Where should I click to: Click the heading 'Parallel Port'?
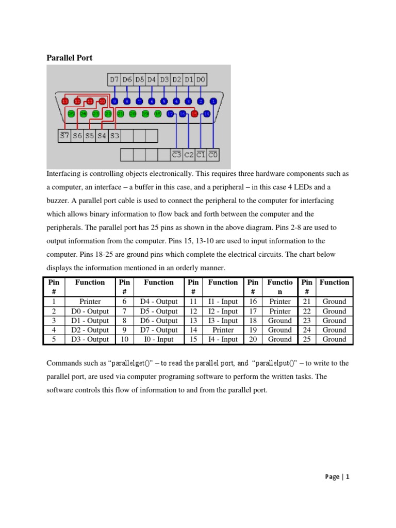[x=70, y=58]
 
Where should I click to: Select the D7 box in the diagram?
[x=114, y=79]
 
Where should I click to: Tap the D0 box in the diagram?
[x=201, y=79]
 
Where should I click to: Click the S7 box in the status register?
[x=64, y=136]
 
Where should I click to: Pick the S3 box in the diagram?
[x=114, y=136]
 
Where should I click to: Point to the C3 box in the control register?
[x=177, y=154]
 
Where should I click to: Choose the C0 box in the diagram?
[x=213, y=154]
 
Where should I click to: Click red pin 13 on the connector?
[x=65, y=102]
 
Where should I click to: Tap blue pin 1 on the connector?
[x=213, y=102]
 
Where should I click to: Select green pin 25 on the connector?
[x=71, y=114]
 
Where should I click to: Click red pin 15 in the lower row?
[x=195, y=114]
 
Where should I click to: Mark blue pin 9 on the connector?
[x=115, y=102]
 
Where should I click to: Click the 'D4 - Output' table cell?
[x=158, y=302]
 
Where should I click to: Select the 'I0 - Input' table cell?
[x=158, y=339]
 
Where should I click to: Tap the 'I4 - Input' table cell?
[x=223, y=339]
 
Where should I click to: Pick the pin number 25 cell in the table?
[x=306, y=339]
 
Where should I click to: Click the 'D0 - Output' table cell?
[x=90, y=311]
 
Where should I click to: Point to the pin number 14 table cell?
[x=193, y=330]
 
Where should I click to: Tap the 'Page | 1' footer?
[x=337, y=477]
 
